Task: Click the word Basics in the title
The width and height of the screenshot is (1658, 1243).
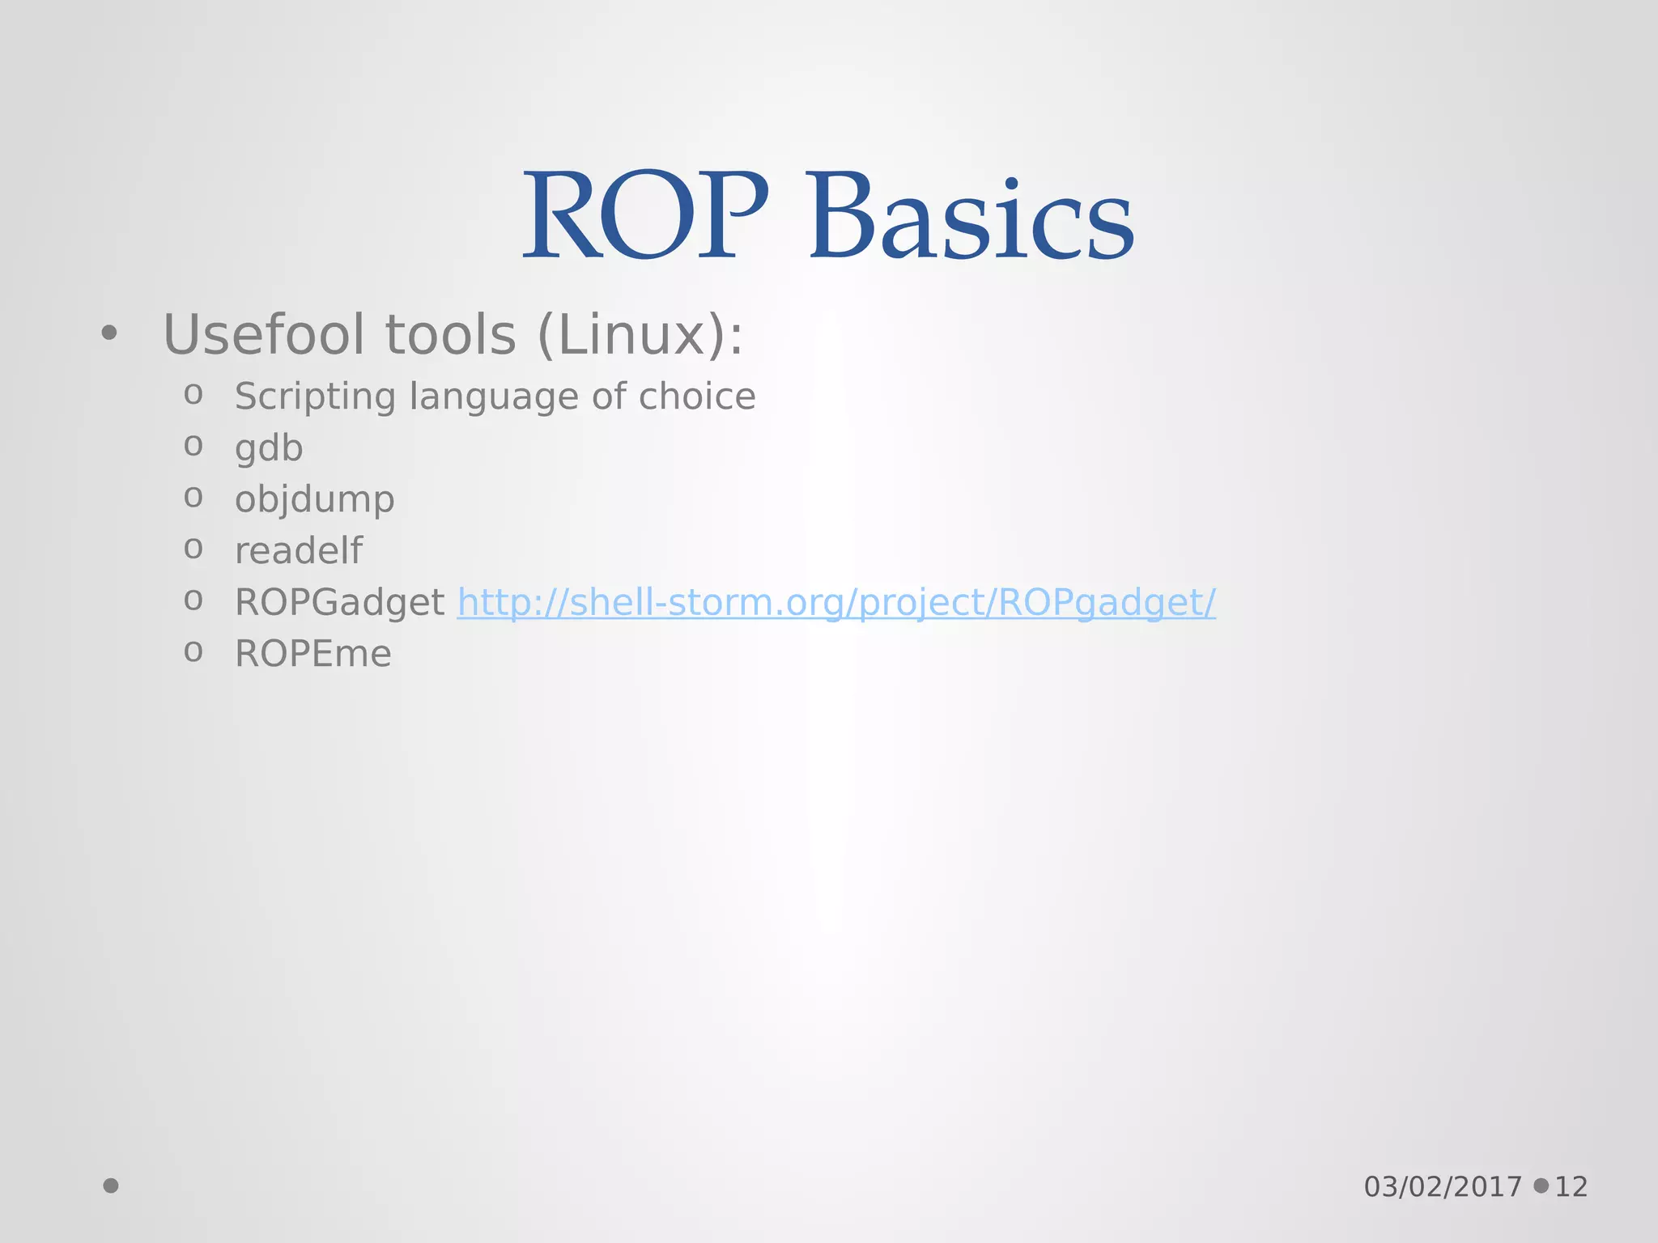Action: [x=971, y=217]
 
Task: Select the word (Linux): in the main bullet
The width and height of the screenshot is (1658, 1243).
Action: [x=640, y=335]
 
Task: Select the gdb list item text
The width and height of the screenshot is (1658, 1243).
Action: [x=269, y=448]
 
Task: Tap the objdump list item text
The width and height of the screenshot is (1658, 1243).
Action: [x=314, y=500]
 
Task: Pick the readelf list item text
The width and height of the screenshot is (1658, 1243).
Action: [x=298, y=551]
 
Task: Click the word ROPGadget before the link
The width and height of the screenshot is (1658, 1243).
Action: [x=339, y=603]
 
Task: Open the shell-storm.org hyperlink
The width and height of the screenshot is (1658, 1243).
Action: [x=835, y=603]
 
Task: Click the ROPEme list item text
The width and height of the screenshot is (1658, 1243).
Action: [x=312, y=654]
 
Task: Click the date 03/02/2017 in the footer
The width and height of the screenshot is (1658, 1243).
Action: [x=1443, y=1187]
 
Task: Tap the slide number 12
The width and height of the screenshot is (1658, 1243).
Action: [x=1571, y=1187]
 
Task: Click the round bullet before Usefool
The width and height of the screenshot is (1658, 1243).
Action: [x=109, y=333]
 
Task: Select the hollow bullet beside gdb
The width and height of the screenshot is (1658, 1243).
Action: [x=193, y=445]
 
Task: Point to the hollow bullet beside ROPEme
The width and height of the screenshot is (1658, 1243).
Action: [x=193, y=651]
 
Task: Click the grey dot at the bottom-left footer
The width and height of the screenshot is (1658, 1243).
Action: [x=111, y=1186]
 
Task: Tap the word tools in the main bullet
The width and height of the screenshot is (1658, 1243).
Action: [x=450, y=335]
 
